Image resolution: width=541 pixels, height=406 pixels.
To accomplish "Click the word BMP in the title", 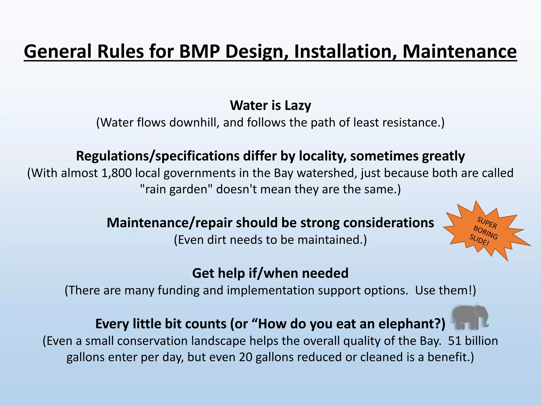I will (199, 51).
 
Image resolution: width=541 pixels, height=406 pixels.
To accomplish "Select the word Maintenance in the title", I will (459, 51).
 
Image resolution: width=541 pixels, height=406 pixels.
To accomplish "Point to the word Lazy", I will (298, 105).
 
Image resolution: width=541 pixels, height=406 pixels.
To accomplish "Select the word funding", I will (178, 290).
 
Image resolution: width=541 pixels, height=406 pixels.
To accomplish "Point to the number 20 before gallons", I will (246, 357).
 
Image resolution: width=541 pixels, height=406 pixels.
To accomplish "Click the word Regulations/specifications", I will (157, 156).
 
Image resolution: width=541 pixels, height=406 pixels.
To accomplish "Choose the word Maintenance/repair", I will (169, 223).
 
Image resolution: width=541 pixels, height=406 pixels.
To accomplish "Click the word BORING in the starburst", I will (486, 232).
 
